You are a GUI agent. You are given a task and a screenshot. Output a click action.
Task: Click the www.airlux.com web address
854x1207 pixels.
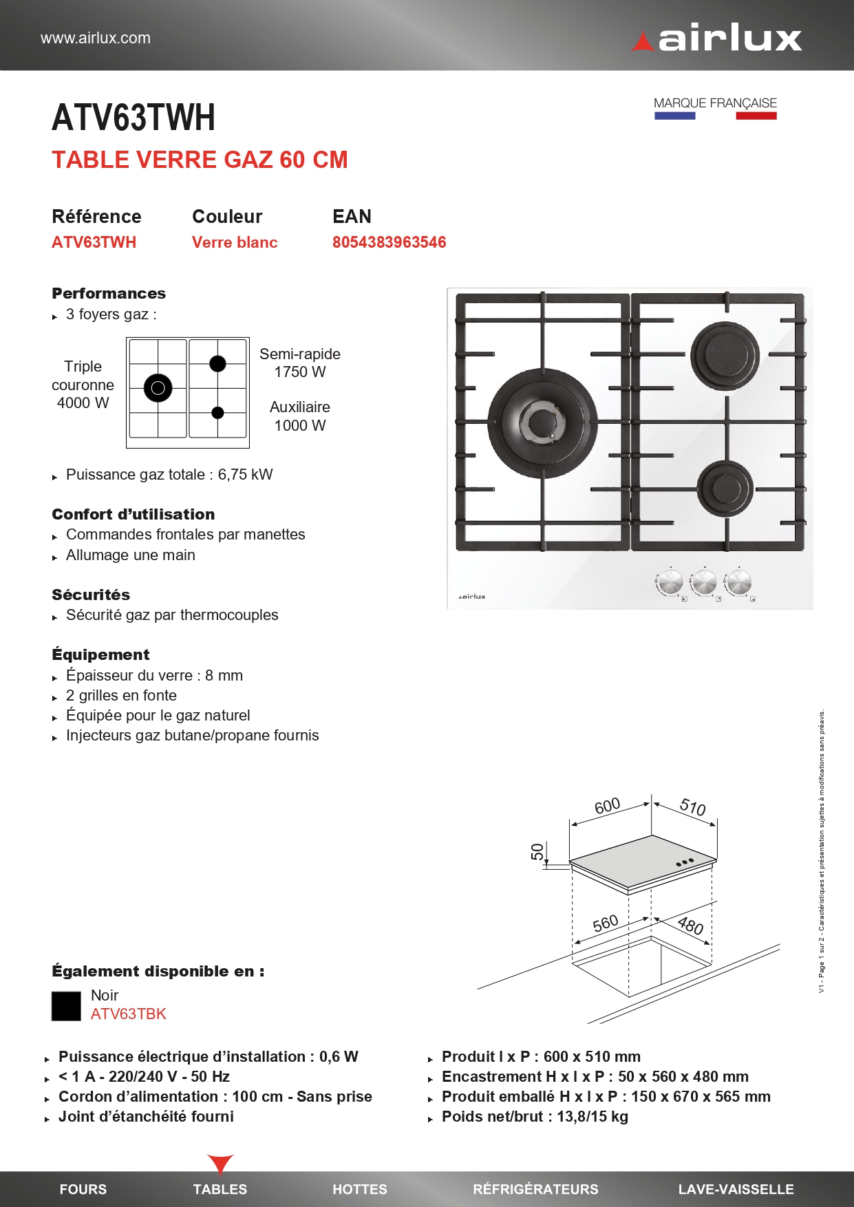point(96,38)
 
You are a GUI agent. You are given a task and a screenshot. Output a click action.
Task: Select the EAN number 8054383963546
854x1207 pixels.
point(389,242)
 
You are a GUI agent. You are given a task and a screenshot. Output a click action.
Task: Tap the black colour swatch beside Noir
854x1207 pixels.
point(66,1006)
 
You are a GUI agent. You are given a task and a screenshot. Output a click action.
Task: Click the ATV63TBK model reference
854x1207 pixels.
point(129,1014)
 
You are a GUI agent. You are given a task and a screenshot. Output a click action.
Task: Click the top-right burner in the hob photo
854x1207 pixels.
point(725,355)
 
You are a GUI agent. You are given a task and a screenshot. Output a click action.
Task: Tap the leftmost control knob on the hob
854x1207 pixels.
point(668,582)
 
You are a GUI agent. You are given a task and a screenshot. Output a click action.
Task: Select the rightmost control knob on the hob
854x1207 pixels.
point(738,582)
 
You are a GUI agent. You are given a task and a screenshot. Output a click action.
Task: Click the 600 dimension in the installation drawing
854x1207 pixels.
point(607,806)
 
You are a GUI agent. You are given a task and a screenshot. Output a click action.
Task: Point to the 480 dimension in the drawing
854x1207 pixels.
point(690,925)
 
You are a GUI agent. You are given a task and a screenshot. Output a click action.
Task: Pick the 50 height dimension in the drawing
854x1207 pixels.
point(537,852)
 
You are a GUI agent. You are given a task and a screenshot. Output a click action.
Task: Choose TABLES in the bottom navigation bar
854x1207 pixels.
point(220,1189)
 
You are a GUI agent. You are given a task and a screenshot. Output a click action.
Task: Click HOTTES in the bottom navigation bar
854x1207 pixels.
point(359,1189)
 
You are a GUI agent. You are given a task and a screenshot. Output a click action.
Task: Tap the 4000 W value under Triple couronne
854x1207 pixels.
point(83,403)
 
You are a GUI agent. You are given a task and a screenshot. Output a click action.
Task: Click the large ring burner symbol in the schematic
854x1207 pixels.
point(158,388)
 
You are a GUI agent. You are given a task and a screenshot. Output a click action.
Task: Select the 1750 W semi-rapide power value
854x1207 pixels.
point(300,372)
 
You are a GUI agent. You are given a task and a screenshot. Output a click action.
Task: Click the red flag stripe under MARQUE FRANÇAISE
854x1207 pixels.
point(756,116)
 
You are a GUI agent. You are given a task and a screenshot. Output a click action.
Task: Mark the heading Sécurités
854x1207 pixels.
point(91,595)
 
